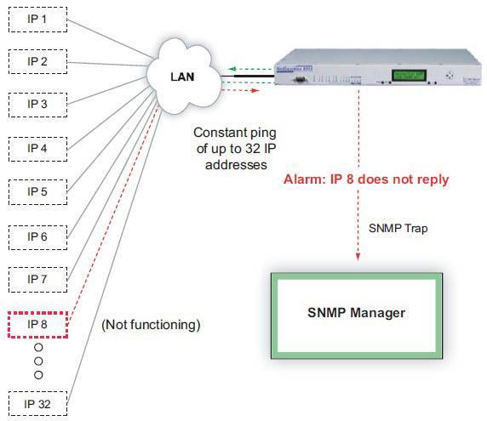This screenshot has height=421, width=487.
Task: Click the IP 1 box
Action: tap(37, 18)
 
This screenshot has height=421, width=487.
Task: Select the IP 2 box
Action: tap(37, 61)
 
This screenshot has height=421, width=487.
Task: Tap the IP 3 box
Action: tap(37, 105)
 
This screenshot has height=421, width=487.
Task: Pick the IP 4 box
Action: tap(37, 148)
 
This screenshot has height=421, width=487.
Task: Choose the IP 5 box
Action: tap(37, 191)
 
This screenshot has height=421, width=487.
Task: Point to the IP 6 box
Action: tap(37, 236)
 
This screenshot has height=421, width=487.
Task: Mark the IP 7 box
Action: tap(37, 279)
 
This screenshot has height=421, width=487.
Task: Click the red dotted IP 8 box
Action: tap(37, 324)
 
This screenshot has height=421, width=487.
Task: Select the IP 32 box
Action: tap(37, 402)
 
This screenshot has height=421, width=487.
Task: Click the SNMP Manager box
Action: tap(356, 313)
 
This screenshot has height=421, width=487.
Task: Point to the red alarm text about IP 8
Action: tap(365, 179)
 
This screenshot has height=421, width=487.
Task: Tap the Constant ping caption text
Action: tap(233, 148)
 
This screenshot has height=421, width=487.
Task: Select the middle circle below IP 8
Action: tap(37, 361)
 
